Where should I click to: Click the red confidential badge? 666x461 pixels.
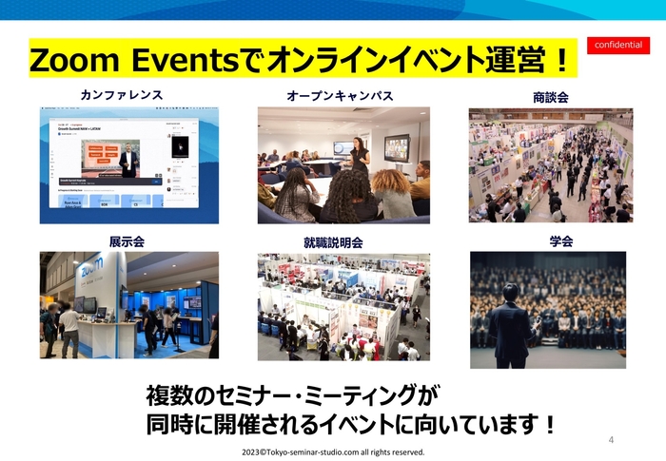(x=617, y=46)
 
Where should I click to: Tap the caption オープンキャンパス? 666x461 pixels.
(x=340, y=96)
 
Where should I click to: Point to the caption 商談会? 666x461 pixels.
(x=551, y=97)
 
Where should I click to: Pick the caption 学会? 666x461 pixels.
(x=561, y=241)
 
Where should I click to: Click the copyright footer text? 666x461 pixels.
(x=333, y=452)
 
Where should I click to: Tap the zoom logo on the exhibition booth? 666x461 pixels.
(x=91, y=270)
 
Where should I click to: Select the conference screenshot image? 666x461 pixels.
(x=128, y=165)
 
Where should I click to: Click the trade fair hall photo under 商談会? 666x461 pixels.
(x=550, y=165)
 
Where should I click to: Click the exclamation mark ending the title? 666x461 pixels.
(x=561, y=63)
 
